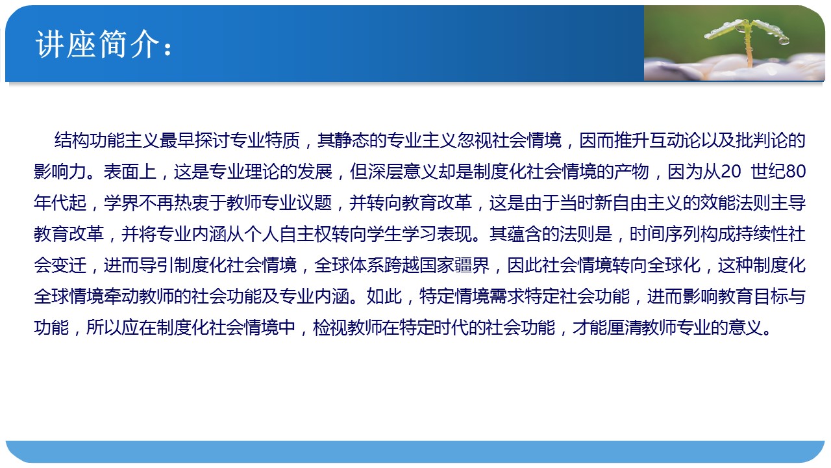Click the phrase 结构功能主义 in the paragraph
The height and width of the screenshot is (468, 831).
point(107,141)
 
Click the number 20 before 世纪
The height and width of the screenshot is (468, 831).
point(730,172)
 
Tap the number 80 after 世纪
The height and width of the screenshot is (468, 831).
point(796,172)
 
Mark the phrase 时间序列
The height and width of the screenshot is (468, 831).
point(664,235)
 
